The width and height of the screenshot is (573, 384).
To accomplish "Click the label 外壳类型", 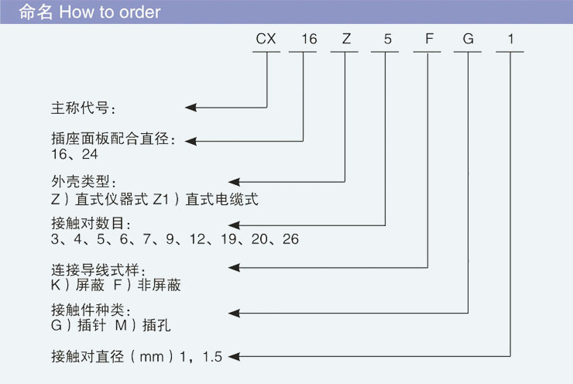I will point(82,183).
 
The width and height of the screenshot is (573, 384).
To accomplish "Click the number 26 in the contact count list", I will point(290,239).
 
